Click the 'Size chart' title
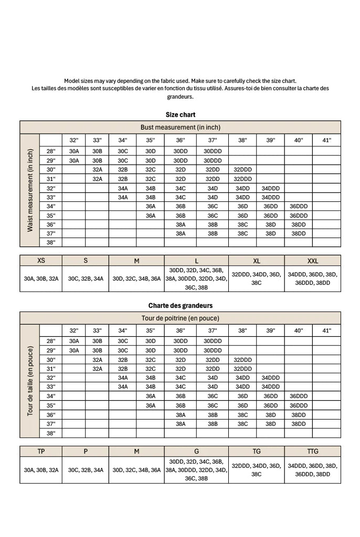pyautogui.click(x=180, y=115)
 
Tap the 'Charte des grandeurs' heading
pyautogui.click(x=180, y=306)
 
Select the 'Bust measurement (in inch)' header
pyautogui.click(x=180, y=127)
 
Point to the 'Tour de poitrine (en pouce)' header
pyautogui.click(x=180, y=318)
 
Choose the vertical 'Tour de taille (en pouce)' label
pyautogui.click(x=30, y=381)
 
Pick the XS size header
pyautogui.click(x=41, y=261)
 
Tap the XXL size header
pyautogui.click(x=313, y=261)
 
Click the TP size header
pyautogui.click(x=41, y=452)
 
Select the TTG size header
pyautogui.click(x=313, y=452)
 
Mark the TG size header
pyautogui.click(x=257, y=452)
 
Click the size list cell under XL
pyautogui.click(x=257, y=278)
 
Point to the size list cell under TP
pyautogui.click(x=41, y=470)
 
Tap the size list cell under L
pyautogui.click(x=196, y=278)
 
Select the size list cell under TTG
pyautogui.click(x=313, y=470)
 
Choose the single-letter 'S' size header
pyautogui.click(x=86, y=261)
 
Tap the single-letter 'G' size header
pyautogui.click(x=196, y=452)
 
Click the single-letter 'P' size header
pyautogui.click(x=86, y=452)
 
